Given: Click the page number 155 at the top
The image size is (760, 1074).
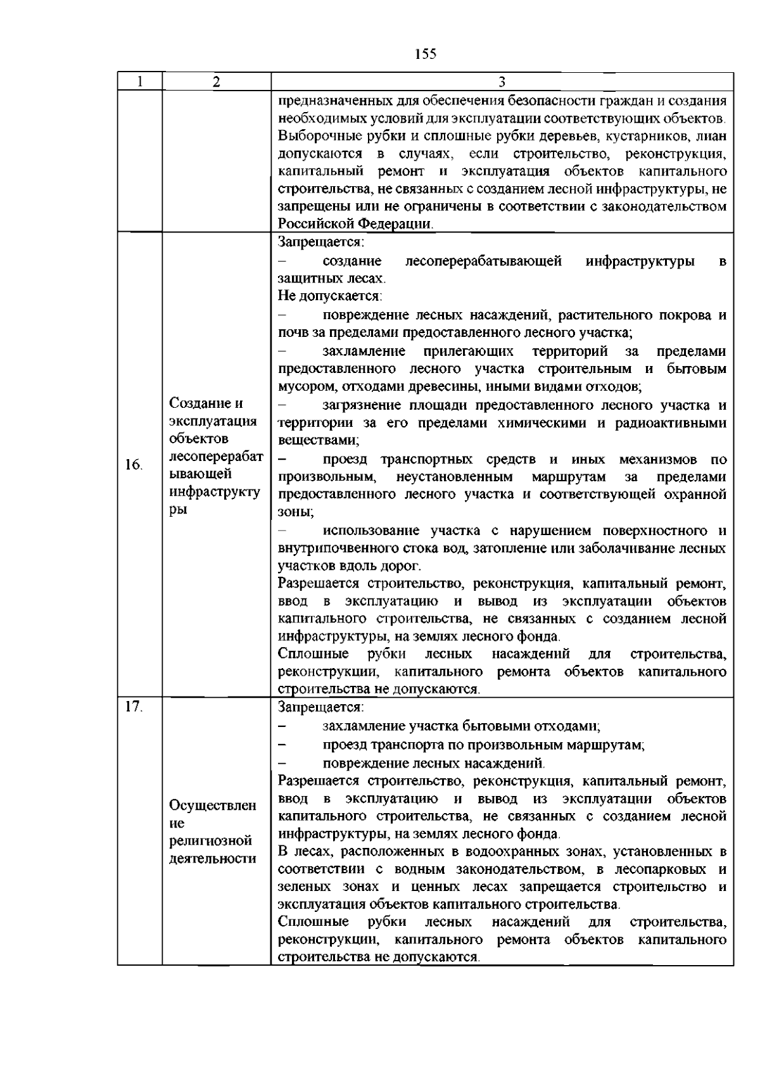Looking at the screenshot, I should point(426,54).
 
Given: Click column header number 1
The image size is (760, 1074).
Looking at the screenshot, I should point(139,82).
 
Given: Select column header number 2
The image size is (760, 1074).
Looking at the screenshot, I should point(217,82).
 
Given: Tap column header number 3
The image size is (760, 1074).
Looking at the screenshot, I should point(502,82).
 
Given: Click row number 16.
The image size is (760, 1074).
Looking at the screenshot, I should point(133,465).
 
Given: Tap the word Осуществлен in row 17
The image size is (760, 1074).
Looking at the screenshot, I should point(213,805).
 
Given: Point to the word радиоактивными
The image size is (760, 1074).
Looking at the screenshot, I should point(671,422).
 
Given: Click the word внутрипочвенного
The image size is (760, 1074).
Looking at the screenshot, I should point(332,548).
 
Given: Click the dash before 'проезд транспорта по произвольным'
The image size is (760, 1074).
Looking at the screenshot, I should point(283,745).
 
